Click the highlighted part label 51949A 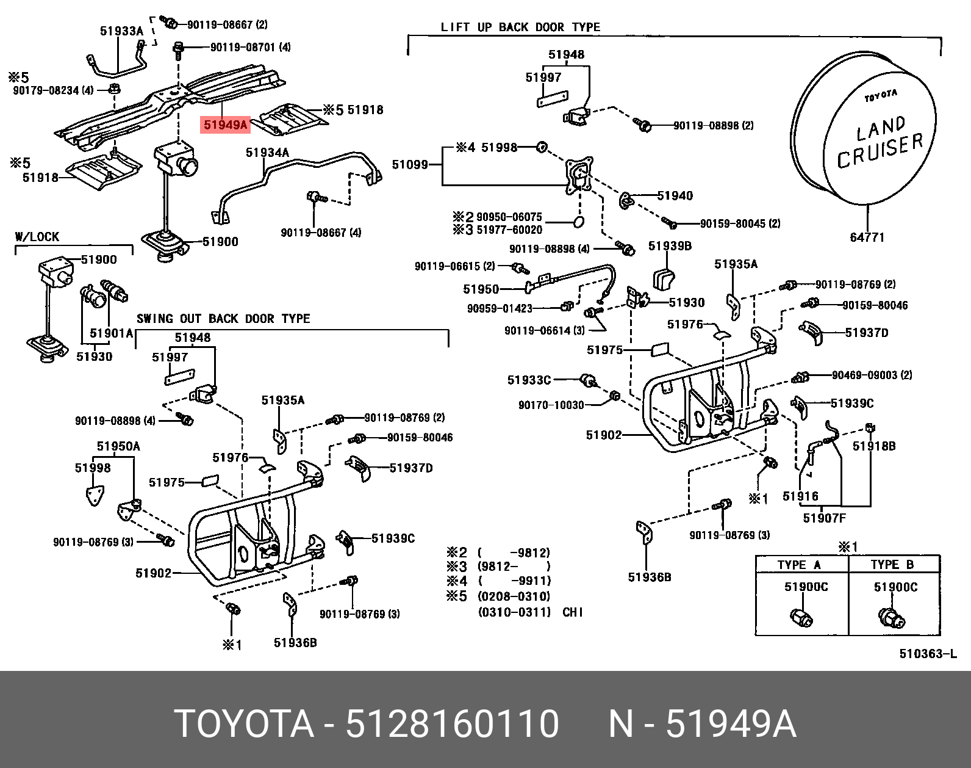point(226,125)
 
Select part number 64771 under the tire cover point(867,237)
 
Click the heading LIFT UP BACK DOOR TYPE point(520,27)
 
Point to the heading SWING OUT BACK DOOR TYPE point(223,319)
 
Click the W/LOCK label point(37,237)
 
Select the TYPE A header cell point(799,565)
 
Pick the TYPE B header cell point(892,565)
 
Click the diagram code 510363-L point(928,654)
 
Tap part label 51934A point(267,153)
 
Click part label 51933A point(121,31)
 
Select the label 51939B point(670,246)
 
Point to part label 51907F point(824,518)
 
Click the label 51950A point(118,446)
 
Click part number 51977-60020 point(509,230)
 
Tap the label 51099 point(410,164)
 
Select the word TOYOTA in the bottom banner point(243,724)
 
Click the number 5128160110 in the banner point(452,724)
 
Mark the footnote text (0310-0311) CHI point(530,612)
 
